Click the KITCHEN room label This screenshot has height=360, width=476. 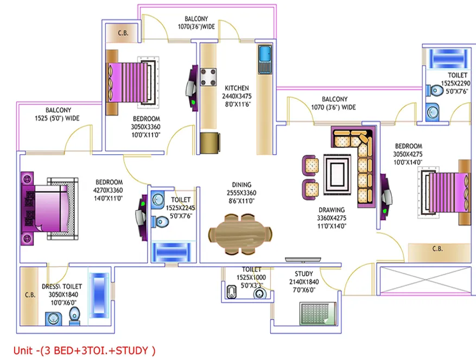pos(237,88)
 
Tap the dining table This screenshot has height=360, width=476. pos(240,234)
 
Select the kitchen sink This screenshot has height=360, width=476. pos(265,60)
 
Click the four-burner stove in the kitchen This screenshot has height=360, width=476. pos(208,77)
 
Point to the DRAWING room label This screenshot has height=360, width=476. pos(332,210)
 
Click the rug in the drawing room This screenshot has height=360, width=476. pos(337,174)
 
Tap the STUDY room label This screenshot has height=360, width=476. pos(303,274)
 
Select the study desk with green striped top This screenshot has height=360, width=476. pos(318,313)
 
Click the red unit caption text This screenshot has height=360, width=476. pos(84,351)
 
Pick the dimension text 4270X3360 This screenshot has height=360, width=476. pos(108,191)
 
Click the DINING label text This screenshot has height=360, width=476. pos(242,185)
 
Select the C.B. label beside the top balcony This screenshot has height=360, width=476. pos(123,33)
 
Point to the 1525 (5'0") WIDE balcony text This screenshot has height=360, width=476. pos(57,118)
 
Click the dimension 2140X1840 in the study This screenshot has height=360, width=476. pos(304,282)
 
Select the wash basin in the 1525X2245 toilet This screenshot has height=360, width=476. pos(158,200)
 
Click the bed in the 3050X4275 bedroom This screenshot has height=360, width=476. pos(444,192)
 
